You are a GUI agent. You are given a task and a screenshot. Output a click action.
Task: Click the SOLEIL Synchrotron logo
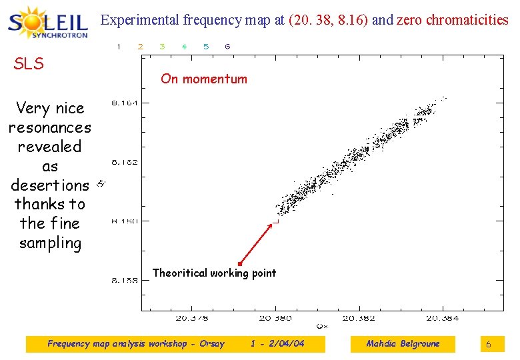[48, 23]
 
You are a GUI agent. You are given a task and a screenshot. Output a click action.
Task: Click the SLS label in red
[29, 64]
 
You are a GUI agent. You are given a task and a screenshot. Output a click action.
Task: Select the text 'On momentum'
[203, 79]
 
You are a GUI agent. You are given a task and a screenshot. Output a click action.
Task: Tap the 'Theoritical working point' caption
[214, 273]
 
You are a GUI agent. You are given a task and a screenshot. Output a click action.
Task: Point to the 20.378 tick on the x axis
[191, 318]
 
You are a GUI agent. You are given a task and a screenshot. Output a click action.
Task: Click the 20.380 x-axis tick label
[275, 318]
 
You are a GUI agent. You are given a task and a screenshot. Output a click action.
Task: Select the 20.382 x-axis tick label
[359, 318]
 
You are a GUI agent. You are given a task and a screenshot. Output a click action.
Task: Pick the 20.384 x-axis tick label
[442, 318]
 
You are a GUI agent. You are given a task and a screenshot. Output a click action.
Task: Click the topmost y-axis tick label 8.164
[125, 103]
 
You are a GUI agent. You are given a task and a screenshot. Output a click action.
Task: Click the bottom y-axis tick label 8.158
[125, 280]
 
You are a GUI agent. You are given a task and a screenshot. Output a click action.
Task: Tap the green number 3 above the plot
[162, 47]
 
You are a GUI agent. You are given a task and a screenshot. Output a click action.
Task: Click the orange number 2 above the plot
[140, 47]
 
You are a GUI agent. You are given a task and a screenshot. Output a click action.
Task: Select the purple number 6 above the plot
[227, 47]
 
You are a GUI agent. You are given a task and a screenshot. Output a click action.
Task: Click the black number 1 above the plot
[119, 47]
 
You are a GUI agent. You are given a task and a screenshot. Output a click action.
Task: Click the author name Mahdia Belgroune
[403, 344]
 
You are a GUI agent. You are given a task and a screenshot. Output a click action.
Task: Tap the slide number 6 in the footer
[488, 345]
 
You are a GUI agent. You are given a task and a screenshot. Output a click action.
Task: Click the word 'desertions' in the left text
[49, 185]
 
